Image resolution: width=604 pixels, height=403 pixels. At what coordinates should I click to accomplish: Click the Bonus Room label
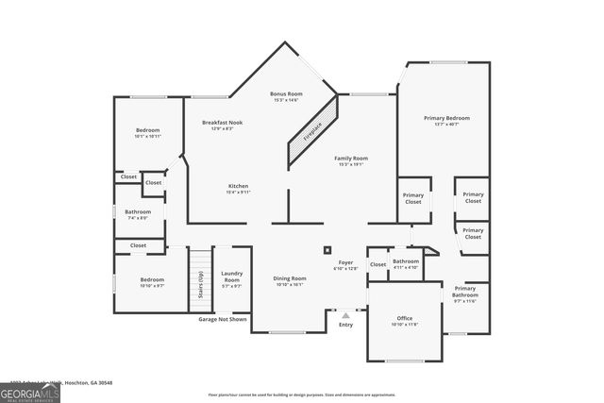point(285,94)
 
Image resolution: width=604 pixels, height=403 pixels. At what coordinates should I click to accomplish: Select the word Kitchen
point(238,186)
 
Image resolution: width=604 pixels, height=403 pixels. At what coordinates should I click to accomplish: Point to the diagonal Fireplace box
point(311,131)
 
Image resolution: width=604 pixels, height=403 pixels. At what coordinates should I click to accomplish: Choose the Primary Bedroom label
point(446,118)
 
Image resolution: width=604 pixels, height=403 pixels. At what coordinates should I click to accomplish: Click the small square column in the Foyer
point(327,250)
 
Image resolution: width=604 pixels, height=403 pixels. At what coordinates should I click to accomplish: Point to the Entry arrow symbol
point(345,313)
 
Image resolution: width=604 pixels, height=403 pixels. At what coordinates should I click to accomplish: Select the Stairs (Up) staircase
point(199,276)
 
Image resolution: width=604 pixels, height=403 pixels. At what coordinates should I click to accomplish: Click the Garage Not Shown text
point(223,319)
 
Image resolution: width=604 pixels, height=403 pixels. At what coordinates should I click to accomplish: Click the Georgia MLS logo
point(30,392)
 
